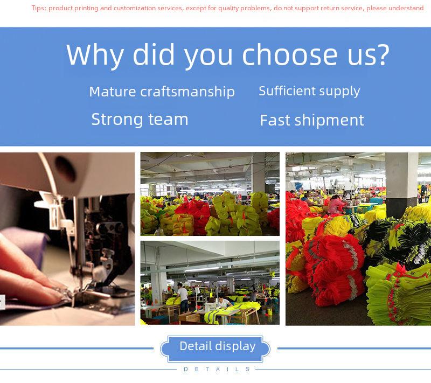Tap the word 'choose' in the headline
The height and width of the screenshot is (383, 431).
pyautogui.click(x=290, y=54)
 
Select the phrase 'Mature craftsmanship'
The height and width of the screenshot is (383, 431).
pyautogui.click(x=162, y=92)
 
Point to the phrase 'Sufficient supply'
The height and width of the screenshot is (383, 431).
pyautogui.click(x=309, y=92)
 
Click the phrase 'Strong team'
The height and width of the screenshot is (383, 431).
pyautogui.click(x=140, y=120)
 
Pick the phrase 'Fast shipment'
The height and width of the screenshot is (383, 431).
pyautogui.click(x=312, y=120)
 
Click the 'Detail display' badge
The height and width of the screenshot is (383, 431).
pyautogui.click(x=215, y=349)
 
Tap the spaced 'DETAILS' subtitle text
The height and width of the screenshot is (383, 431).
pyautogui.click(x=217, y=369)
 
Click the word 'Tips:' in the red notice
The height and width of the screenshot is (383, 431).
pyautogui.click(x=39, y=8)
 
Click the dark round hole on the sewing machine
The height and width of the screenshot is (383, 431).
pyautogui.click(x=65, y=169)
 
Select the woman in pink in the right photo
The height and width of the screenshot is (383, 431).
pyautogui.click(x=336, y=205)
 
